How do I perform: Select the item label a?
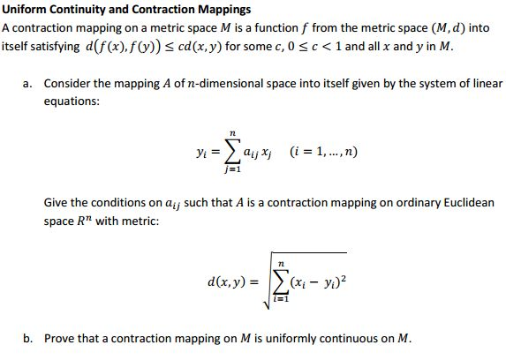(29, 83)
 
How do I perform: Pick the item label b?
(29, 339)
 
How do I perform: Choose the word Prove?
(60, 339)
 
